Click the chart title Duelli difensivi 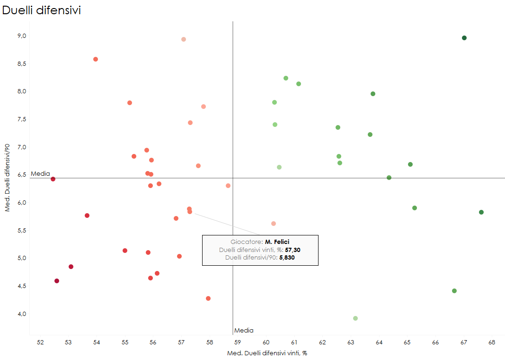point(42,10)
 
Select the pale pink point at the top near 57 point(184,39)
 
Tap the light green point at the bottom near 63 point(355,318)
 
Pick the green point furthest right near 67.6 point(481,212)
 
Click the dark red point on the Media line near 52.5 point(53,179)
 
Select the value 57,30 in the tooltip point(292,250)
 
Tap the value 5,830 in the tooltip point(287,258)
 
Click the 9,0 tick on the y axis point(21,36)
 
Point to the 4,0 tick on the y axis point(21,314)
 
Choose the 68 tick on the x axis point(492,342)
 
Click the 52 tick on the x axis point(40,342)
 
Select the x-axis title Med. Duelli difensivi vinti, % point(267,353)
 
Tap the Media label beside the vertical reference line point(244,331)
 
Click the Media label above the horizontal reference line point(40,174)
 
